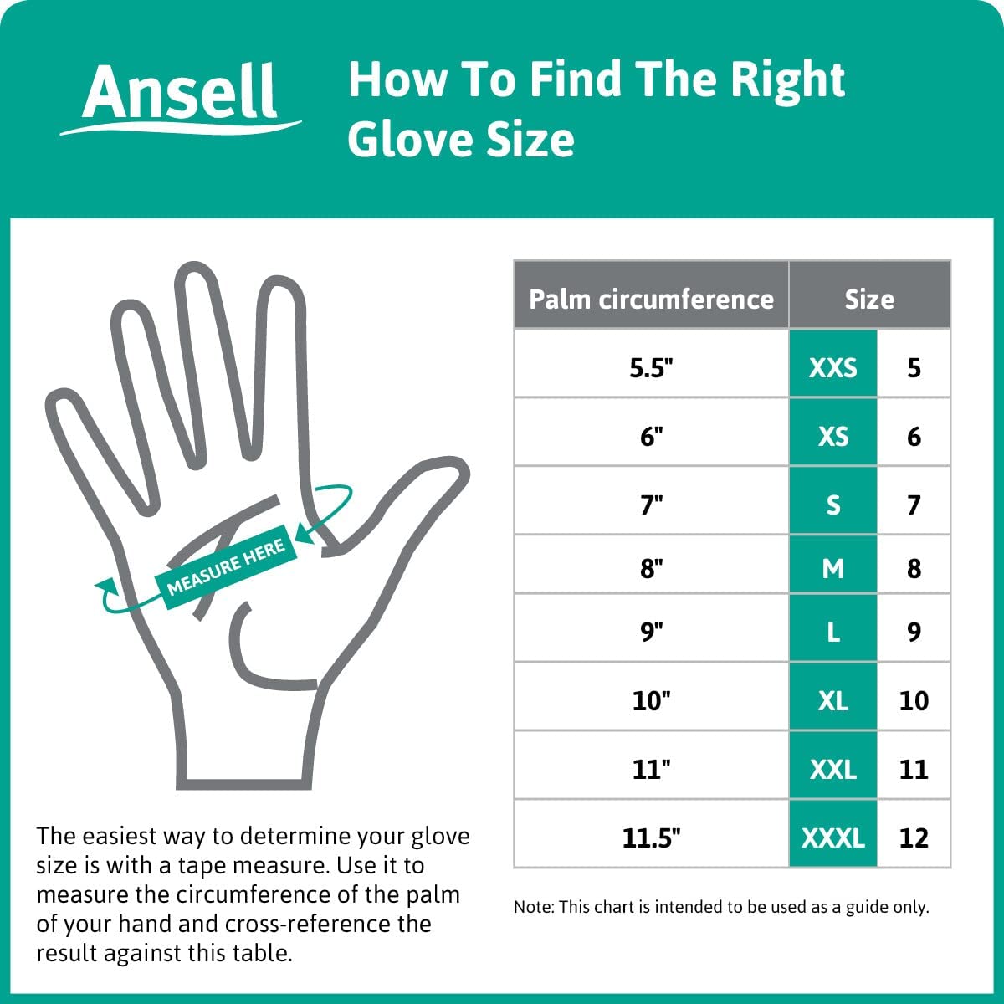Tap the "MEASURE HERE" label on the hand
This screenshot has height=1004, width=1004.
(226, 567)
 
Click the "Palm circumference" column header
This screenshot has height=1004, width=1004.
(651, 299)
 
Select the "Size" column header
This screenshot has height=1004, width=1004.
(869, 299)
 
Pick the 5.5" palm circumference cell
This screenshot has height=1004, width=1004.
(651, 367)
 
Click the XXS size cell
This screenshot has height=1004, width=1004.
(832, 367)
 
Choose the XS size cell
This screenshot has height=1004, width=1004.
(832, 436)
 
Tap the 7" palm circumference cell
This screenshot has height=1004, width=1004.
(651, 505)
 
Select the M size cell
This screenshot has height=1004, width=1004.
(832, 568)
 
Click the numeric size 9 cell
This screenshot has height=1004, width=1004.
(914, 632)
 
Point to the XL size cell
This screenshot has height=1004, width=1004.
(832, 700)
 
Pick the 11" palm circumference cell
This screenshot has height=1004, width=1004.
(651, 769)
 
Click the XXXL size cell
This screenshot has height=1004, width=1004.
(832, 838)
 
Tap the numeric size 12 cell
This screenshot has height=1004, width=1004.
(914, 838)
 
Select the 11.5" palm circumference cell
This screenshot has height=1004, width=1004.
(651, 838)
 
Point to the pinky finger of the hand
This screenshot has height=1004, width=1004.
(92, 443)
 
